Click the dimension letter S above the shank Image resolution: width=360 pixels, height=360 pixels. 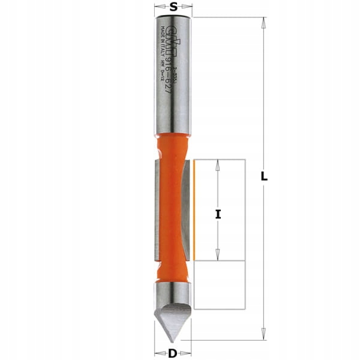point(173,7)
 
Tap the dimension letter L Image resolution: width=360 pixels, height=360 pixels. point(264,178)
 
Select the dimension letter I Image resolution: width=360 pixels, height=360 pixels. point(219,214)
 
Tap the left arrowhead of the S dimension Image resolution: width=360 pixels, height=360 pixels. point(157,8)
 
